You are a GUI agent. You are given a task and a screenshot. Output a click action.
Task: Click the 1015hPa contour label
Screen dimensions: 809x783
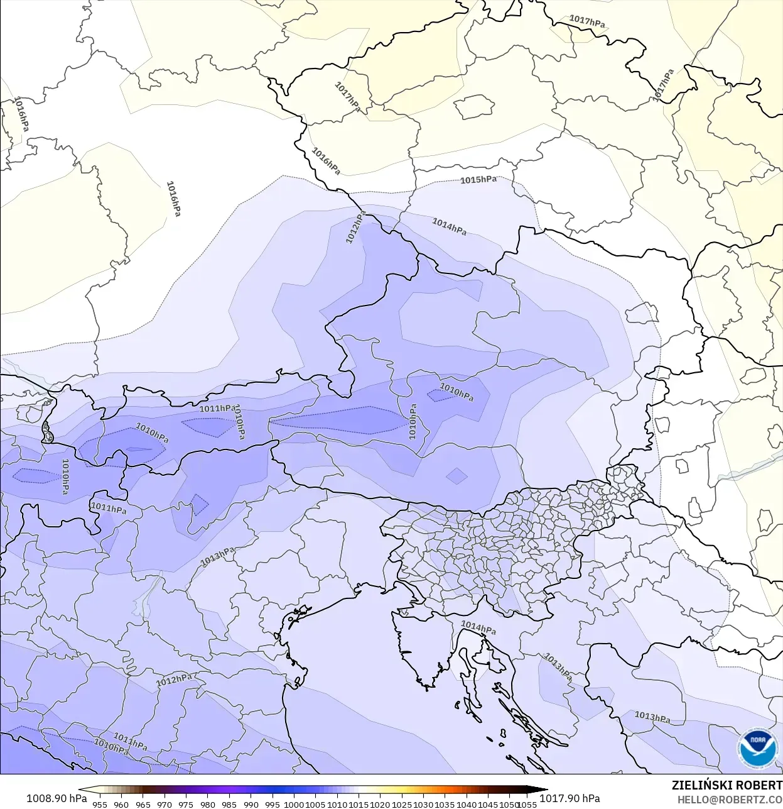click(x=478, y=180)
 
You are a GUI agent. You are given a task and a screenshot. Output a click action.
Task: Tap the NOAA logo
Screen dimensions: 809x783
click(x=758, y=748)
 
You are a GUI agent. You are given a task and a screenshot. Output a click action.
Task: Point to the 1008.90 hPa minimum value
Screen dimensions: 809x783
click(x=57, y=798)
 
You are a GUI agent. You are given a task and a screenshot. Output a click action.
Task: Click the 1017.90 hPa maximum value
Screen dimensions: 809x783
click(x=570, y=798)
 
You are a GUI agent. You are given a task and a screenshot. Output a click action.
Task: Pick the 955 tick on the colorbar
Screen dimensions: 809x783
click(x=100, y=804)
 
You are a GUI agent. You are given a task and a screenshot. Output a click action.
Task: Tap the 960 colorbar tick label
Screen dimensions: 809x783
click(x=121, y=804)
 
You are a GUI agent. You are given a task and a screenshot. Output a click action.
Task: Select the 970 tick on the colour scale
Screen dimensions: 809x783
click(x=165, y=804)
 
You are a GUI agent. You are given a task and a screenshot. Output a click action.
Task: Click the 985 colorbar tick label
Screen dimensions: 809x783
click(x=229, y=804)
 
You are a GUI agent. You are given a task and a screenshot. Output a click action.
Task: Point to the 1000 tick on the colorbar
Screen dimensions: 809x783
click(x=294, y=804)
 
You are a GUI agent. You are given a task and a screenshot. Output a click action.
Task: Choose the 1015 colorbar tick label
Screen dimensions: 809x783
click(x=359, y=804)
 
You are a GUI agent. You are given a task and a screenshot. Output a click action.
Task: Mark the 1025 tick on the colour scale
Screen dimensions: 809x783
click(x=402, y=804)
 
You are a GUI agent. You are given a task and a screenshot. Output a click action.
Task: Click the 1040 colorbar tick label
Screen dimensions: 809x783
click(x=467, y=804)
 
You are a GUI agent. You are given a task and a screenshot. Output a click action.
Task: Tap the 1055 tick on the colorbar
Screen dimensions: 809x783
click(x=527, y=804)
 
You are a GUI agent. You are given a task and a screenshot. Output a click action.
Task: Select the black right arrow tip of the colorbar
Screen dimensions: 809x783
click(x=545, y=790)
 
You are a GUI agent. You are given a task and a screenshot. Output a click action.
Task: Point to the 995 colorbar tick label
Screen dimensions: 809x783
click(x=273, y=804)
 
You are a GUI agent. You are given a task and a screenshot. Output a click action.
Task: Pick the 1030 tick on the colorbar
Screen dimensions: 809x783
click(x=423, y=804)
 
